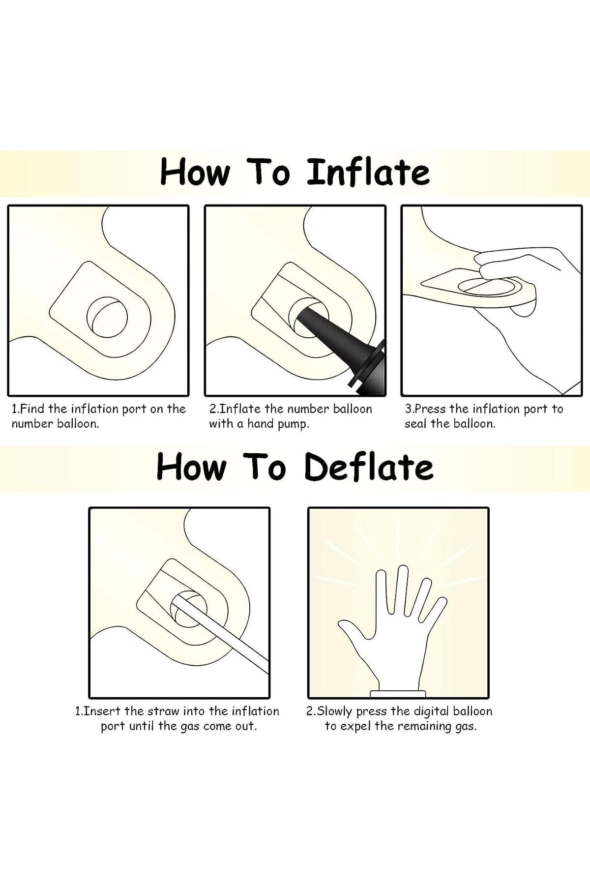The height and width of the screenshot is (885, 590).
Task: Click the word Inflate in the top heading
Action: [368, 173]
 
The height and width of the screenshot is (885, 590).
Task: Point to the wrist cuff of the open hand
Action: [397, 693]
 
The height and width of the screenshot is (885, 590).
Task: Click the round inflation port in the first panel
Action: [107, 317]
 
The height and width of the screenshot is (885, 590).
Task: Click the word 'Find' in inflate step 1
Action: [32, 409]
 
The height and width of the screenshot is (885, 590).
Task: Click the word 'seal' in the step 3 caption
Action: [415, 424]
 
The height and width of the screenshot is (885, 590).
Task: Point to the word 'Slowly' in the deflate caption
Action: [335, 711]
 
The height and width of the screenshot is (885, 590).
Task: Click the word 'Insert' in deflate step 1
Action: [102, 711]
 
